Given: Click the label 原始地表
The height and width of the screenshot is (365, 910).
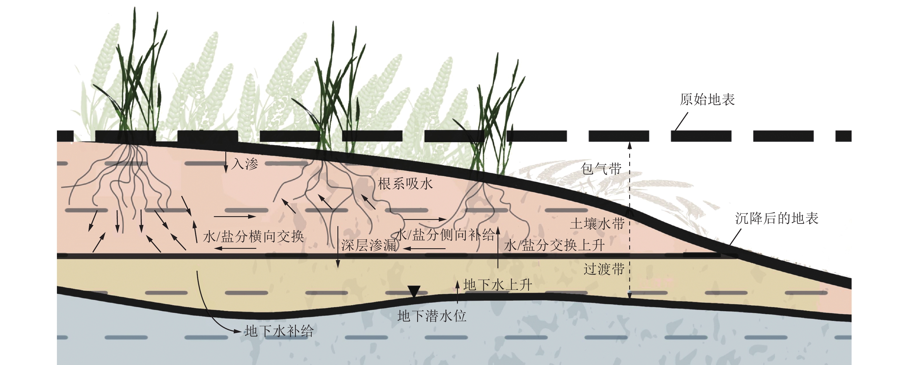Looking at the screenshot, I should click(707, 100).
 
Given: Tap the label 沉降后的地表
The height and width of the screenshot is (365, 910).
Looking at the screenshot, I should click(777, 218).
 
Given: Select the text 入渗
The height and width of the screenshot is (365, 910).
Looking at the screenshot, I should click(245, 164).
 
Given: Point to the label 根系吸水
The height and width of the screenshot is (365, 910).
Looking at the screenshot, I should click(405, 184).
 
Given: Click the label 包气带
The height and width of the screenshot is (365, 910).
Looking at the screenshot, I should click(601, 169).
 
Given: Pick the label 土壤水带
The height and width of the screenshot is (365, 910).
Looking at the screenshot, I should click(597, 224).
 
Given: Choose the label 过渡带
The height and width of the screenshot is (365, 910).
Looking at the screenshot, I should click(604, 269).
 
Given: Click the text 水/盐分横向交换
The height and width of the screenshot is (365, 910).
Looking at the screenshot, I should click(253, 236).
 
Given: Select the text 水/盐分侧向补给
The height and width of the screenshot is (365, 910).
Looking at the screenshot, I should click(445, 235).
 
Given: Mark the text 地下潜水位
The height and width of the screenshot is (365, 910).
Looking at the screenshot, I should click(432, 316).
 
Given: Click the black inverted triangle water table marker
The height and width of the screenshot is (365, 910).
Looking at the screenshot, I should click(414, 291).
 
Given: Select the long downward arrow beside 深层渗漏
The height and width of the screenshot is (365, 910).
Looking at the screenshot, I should click(338, 247).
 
